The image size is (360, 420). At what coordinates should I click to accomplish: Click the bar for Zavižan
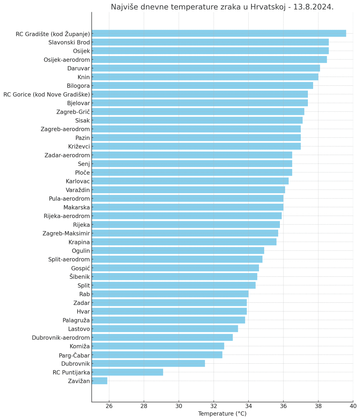click(x=100, y=381)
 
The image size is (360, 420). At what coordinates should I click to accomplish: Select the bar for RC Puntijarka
click(x=127, y=372)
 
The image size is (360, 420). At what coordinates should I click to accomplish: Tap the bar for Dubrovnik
click(x=148, y=363)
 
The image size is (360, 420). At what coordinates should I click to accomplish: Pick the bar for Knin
click(x=205, y=77)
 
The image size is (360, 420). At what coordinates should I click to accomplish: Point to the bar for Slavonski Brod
click(x=210, y=42)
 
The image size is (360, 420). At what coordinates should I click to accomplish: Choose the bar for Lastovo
click(x=165, y=329)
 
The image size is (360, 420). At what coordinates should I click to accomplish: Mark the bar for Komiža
click(x=158, y=346)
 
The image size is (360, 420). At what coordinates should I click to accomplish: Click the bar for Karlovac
click(x=190, y=181)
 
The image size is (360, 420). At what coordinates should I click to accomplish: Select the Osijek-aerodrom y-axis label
click(x=67, y=60)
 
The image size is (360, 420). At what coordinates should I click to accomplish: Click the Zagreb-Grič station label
click(x=73, y=112)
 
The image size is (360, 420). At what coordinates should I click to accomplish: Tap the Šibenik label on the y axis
click(x=80, y=276)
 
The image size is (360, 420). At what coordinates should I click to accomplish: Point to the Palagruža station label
click(x=76, y=320)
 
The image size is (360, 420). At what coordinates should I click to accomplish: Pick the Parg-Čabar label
click(x=74, y=355)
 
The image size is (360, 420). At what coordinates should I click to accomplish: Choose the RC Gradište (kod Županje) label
click(x=53, y=34)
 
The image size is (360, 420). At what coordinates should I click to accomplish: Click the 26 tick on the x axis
click(x=109, y=406)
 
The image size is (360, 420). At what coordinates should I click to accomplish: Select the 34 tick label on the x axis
click(x=248, y=406)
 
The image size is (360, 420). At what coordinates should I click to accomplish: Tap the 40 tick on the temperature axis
click(x=353, y=406)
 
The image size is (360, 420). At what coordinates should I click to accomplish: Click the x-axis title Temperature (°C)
click(x=222, y=414)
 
